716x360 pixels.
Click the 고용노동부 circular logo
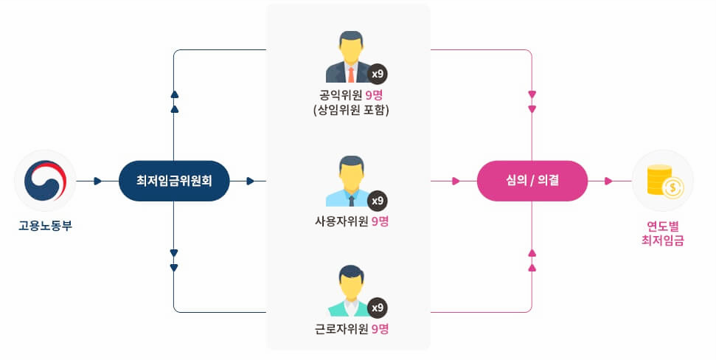tap(45, 181)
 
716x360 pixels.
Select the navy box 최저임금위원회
tap(174, 181)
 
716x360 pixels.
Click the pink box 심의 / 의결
tap(532, 181)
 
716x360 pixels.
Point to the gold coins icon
tap(663, 181)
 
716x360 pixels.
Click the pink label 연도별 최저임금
tap(663, 232)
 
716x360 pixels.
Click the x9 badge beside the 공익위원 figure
tap(378, 74)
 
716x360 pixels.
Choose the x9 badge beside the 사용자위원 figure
tap(378, 200)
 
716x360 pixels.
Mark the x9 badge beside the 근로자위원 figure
tap(378, 308)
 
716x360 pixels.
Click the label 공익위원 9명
tap(349, 96)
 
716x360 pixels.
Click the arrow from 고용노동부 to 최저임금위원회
tap(97, 181)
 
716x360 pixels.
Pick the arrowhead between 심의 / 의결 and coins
tap(608, 181)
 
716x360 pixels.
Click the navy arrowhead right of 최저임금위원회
tap(251, 181)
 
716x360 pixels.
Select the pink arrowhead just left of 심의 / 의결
tap(456, 181)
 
